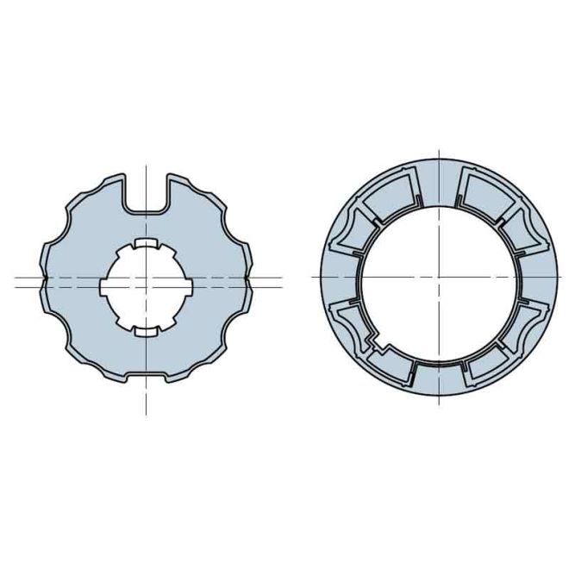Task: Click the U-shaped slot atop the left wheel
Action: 147,195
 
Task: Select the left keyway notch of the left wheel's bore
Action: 104,285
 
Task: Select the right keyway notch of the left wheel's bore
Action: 188,285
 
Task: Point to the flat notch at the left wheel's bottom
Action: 147,378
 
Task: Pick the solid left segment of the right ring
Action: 335,277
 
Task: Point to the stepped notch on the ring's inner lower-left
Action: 376,341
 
